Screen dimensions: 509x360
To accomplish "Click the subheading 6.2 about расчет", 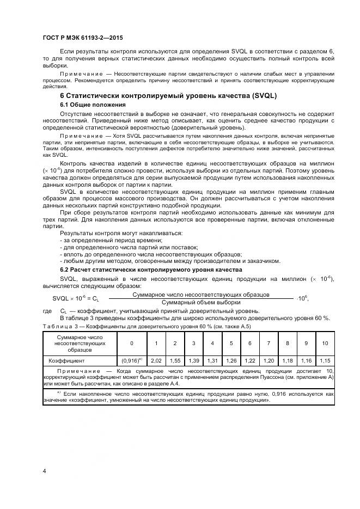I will pos(151,270).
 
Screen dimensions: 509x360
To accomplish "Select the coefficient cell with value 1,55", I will pos(175,360).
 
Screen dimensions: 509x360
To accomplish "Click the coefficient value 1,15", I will pos(325,360).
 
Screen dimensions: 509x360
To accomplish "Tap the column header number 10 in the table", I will pos(325,343).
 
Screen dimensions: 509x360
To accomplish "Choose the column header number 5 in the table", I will pos(231,343).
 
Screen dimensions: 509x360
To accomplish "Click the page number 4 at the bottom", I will pos(44,470).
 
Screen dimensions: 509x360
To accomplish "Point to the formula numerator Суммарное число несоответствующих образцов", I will pos(201,295).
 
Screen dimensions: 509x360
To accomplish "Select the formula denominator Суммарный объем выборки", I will pos(201,302).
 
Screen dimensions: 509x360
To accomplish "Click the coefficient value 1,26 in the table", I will pos(231,360).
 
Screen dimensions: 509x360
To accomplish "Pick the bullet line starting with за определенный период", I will pos(100,240).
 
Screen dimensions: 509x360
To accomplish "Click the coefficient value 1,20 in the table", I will pos(269,360).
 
